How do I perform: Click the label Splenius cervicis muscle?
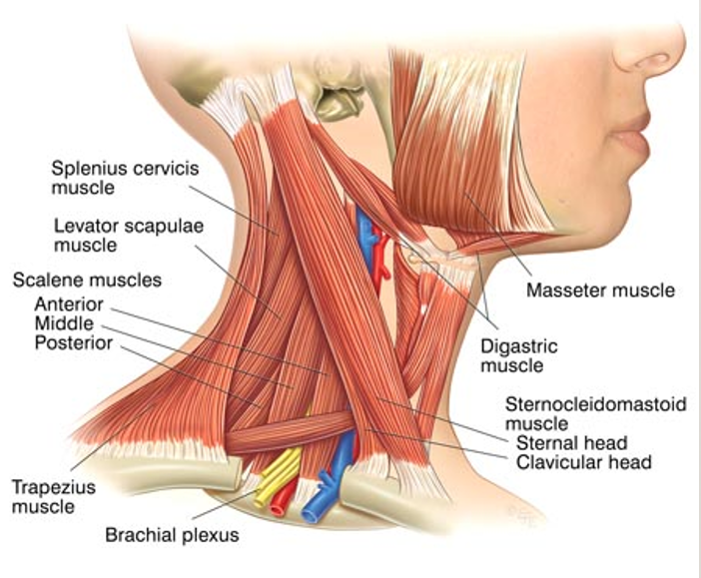(125, 178)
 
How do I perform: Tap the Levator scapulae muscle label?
(129, 236)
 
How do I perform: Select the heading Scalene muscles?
(87, 281)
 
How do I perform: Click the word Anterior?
(69, 304)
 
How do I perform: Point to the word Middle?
(64, 323)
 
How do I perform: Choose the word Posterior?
(74, 342)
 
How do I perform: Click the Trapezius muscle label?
(54, 497)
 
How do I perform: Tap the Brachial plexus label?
(172, 535)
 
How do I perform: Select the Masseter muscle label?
(600, 290)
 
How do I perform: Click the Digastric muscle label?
(519, 355)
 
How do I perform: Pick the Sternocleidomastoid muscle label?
(595, 413)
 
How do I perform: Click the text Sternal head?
(572, 443)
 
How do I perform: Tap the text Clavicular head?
(584, 462)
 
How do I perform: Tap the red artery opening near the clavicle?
(278, 508)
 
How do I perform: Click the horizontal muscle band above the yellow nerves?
(291, 432)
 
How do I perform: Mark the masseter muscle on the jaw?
(465, 148)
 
